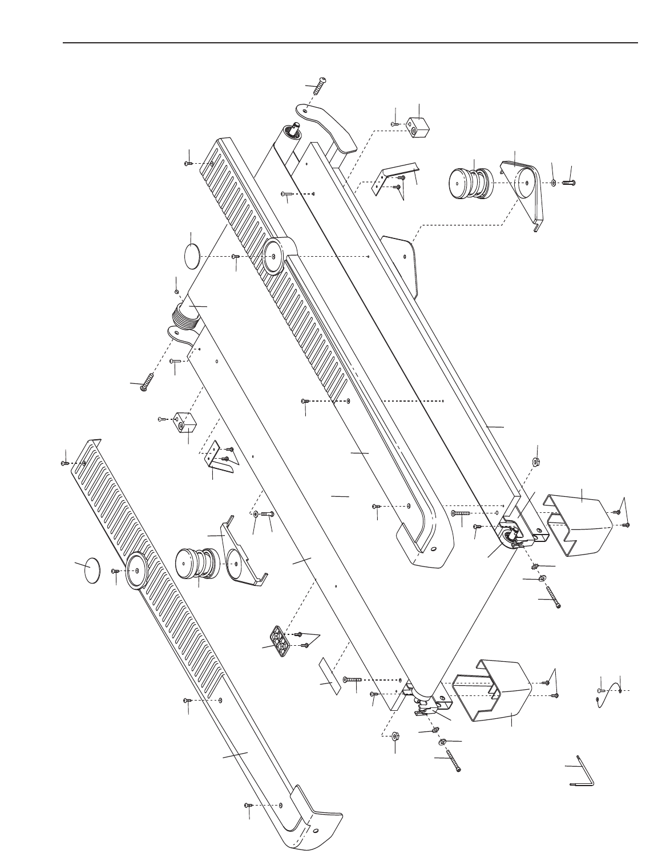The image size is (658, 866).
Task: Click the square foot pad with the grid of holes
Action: pos(279,641)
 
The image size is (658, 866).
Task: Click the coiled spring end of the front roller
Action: pos(185,316)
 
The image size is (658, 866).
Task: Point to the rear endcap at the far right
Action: pos(576,525)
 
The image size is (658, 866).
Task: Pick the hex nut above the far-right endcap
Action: pos(536,461)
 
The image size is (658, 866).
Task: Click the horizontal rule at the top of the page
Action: pos(350,43)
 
